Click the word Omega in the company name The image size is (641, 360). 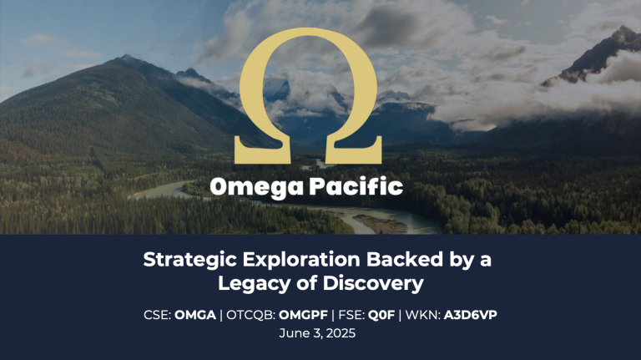coord(257,187)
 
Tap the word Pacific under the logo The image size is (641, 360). coord(356,185)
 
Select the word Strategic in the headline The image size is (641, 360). coord(190,260)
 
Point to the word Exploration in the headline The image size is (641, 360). coord(301,260)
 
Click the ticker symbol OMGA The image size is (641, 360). coord(195,315)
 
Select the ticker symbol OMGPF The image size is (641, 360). coord(303,315)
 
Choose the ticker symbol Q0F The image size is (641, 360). coord(381,315)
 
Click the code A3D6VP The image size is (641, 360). coord(471,315)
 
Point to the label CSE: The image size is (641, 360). coord(158,315)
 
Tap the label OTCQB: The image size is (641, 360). coord(251,315)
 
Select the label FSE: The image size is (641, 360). coord(351,315)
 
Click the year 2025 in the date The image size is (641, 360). coord(341,333)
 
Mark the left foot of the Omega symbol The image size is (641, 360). coord(262,155)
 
